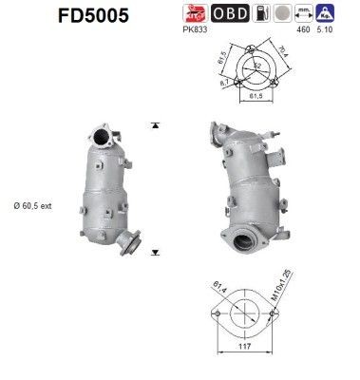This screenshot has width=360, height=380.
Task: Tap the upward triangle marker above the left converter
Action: [x=153, y=125]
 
